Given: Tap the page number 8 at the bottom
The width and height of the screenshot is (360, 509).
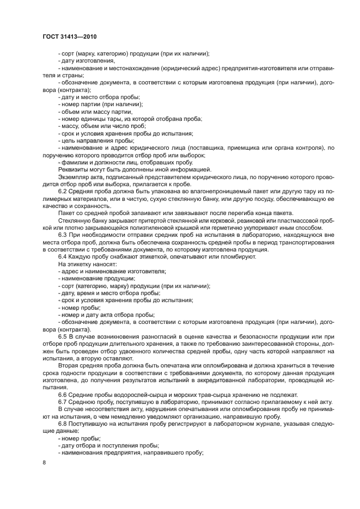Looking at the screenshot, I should (45, 462).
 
